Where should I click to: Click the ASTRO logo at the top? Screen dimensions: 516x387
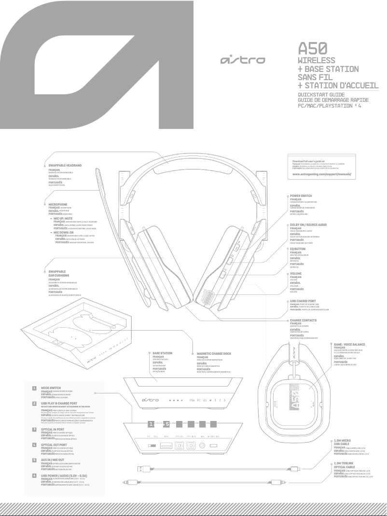pyautogui.click(x=242, y=60)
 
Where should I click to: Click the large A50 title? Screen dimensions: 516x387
pyautogui.click(x=313, y=48)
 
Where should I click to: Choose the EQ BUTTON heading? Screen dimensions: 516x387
pyautogui.click(x=300, y=248)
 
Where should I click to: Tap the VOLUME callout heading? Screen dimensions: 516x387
pyautogui.click(x=296, y=274)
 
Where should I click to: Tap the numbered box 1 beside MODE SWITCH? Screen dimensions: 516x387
pyautogui.click(x=34, y=388)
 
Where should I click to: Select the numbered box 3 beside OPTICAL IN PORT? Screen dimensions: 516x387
pyautogui.click(x=34, y=429)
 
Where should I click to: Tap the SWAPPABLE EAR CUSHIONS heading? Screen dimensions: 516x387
pyautogui.click(x=57, y=274)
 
